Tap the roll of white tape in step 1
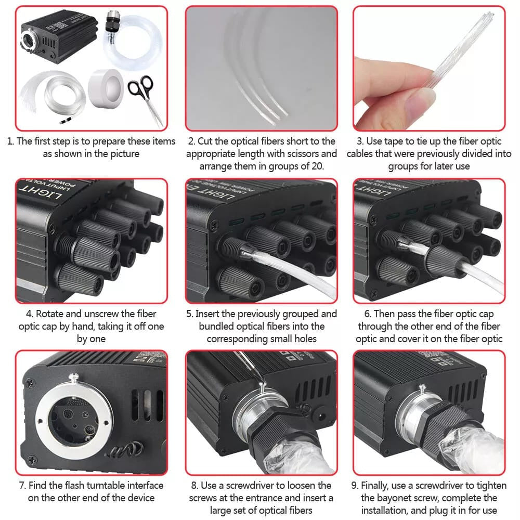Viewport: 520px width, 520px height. pos(106,88)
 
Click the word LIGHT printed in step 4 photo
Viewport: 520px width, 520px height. pos(41,193)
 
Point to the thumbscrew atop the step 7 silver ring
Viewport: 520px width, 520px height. pos(74,378)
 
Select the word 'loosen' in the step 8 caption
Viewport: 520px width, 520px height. pos(300,485)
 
